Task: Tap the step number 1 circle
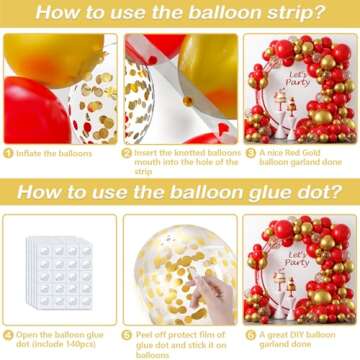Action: [x=7, y=153]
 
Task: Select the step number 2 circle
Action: [x=127, y=153]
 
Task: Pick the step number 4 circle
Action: [x=7, y=333]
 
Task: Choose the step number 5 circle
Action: [x=127, y=333]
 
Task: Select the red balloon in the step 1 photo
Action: [x=34, y=110]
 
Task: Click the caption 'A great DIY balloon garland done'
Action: [x=300, y=338]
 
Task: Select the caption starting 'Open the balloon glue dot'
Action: [x=60, y=338]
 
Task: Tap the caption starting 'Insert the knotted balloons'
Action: [x=180, y=158]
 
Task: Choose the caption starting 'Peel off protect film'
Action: [x=180, y=343]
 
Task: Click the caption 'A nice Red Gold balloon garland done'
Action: [x=300, y=158]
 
